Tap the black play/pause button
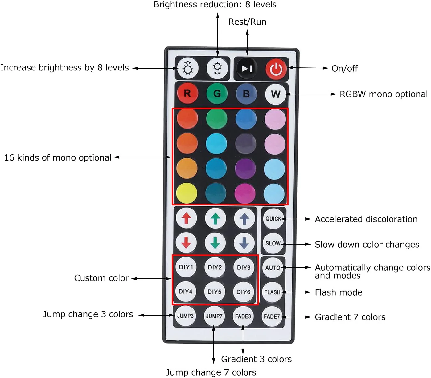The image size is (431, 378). [x=247, y=68]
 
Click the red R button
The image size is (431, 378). [x=187, y=93]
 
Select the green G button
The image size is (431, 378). [x=217, y=93]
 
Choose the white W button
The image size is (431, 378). [x=275, y=94]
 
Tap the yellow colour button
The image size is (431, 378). [x=187, y=193]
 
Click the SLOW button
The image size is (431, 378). [x=273, y=244]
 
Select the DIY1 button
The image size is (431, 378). [x=186, y=267]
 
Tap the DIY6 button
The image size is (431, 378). [x=244, y=292]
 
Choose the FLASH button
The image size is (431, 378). [x=272, y=292]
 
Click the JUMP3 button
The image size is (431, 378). [x=185, y=316]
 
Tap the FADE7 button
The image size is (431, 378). [x=272, y=316]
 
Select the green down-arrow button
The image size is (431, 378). [x=215, y=243]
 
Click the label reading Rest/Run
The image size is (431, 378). [x=247, y=22]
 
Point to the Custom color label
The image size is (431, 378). [x=101, y=278]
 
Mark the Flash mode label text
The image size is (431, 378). [x=339, y=292]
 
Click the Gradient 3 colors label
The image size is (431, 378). [x=256, y=359]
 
